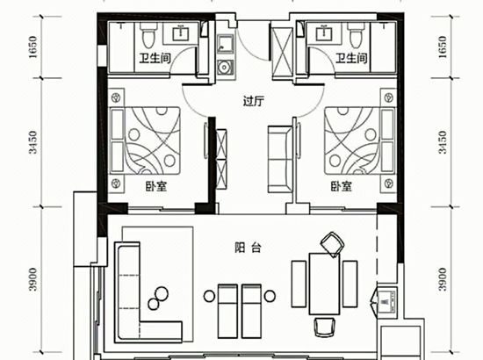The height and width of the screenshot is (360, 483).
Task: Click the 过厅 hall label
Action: tap(254, 101)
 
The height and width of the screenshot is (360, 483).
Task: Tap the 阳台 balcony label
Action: tap(248, 248)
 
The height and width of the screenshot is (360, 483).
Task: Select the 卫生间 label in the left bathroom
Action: tap(155, 58)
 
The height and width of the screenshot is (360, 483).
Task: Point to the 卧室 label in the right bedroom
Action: tap(342, 186)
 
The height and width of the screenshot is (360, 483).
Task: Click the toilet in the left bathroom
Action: tap(148, 35)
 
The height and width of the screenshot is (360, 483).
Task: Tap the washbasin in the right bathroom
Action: tap(324, 33)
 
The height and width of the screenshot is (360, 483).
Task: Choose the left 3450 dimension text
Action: tap(32, 142)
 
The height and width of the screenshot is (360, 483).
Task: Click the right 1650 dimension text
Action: tap(442, 47)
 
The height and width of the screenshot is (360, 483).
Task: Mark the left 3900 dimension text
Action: tap(32, 279)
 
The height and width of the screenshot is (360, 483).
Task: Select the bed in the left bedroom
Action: tap(146, 140)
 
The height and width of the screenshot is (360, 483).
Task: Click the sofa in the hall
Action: tap(279, 159)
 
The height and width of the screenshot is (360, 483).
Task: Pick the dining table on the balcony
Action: tap(324, 284)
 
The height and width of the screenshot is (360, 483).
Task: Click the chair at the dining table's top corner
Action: tap(332, 244)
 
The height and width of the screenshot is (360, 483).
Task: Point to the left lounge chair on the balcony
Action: tap(227, 311)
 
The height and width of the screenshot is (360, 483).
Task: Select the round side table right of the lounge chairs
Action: tap(270, 296)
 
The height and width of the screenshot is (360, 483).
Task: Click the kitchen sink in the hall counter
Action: tap(225, 44)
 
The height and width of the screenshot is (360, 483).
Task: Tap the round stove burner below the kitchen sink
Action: tap(225, 67)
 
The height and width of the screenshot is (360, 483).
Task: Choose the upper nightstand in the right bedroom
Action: tap(389, 97)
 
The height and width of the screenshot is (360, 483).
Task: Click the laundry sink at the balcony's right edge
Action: tap(387, 300)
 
